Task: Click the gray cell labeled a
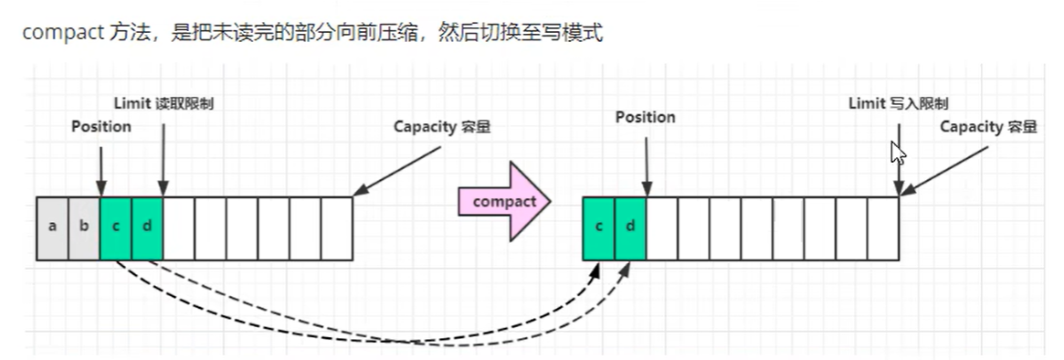coord(52,228)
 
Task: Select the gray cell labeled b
coord(84,228)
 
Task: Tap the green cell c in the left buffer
coord(116,228)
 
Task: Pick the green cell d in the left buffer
coord(147,228)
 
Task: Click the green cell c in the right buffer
coord(598,228)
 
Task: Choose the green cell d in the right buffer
coord(630,228)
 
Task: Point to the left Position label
coord(101,126)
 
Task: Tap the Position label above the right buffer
coord(645,117)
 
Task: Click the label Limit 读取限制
coord(163,103)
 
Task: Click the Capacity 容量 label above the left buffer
coord(442,126)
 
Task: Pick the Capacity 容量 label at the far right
coord(988,126)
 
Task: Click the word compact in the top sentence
coord(54,34)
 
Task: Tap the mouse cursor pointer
coord(898,152)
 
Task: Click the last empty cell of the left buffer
coord(336,228)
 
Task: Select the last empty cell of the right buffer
coord(882,228)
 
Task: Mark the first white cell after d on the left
coord(179,228)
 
